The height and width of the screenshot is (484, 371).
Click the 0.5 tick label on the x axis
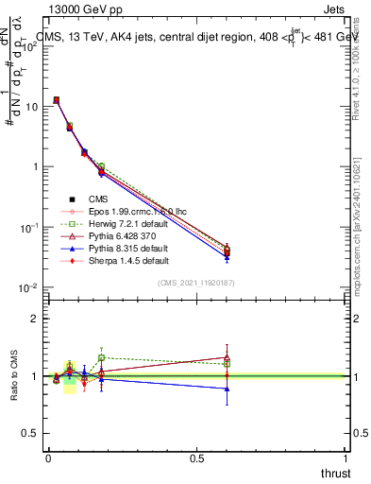click(x=196, y=458)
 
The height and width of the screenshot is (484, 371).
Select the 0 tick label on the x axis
click(x=48, y=458)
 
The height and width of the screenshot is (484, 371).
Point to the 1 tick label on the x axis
click(x=346, y=458)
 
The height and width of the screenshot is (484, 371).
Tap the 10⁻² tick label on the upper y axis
click(x=27, y=287)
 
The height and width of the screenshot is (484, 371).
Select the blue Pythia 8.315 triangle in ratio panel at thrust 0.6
click(x=227, y=389)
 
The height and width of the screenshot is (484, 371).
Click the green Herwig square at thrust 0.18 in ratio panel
click(x=101, y=358)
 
